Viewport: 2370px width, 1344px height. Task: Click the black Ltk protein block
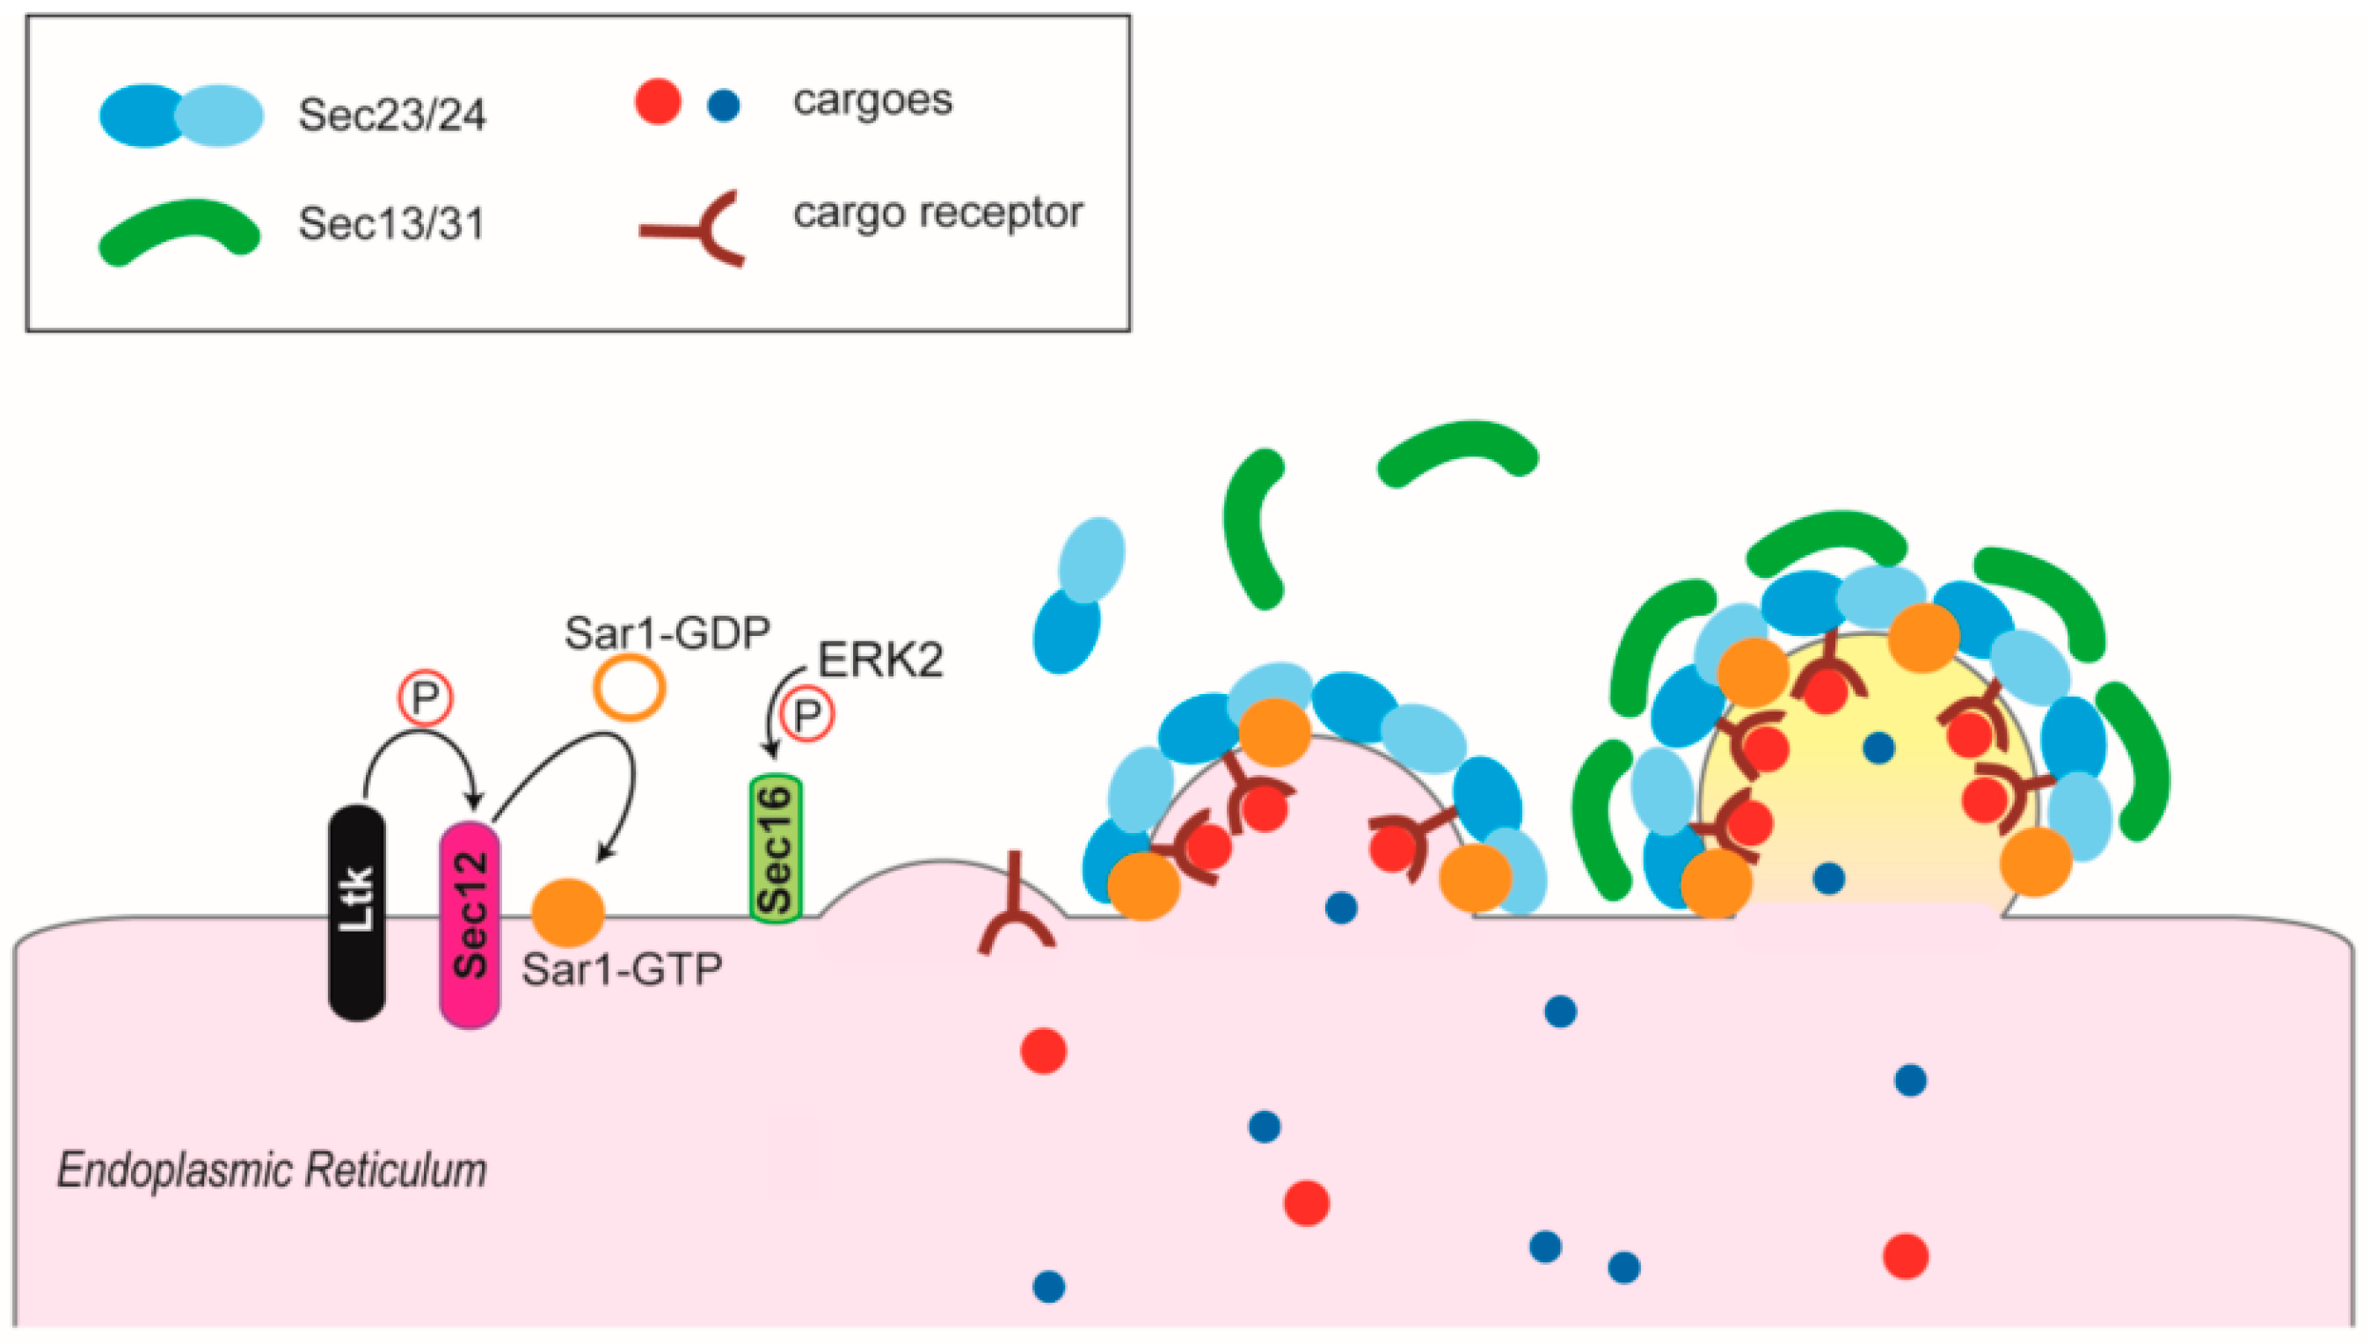point(357,914)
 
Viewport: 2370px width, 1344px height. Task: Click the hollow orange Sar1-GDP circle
point(629,688)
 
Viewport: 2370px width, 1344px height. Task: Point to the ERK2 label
point(880,661)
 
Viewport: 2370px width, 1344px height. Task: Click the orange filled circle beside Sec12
point(567,912)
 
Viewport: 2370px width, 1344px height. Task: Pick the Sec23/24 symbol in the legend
point(182,115)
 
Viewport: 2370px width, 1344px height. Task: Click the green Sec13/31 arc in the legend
point(179,230)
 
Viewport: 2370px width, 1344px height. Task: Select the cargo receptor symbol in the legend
point(696,228)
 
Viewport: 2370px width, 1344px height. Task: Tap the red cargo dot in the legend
point(658,101)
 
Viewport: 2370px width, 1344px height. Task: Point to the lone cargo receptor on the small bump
point(1015,909)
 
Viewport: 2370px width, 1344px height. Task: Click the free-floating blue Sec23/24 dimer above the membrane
point(1078,594)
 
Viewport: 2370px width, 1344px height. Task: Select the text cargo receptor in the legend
point(937,213)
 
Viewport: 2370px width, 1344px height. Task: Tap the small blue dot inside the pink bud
point(1340,909)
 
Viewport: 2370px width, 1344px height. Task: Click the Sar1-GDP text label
point(667,633)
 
